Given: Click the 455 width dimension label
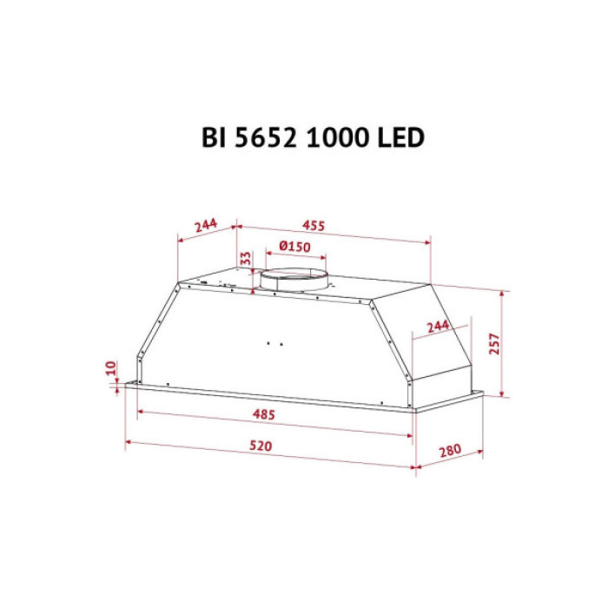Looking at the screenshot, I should [x=314, y=226].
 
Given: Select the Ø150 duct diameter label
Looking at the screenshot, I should [x=295, y=247].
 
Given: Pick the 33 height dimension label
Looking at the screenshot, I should [x=246, y=259].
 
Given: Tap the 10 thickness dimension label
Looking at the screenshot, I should [x=111, y=368].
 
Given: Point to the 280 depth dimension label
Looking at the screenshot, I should [x=448, y=453].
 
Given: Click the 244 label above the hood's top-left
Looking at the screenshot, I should [x=206, y=226].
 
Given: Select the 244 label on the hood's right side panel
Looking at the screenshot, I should [x=438, y=326].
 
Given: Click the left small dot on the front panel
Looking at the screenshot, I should [x=269, y=341].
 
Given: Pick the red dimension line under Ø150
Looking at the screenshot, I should [x=295, y=257].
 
